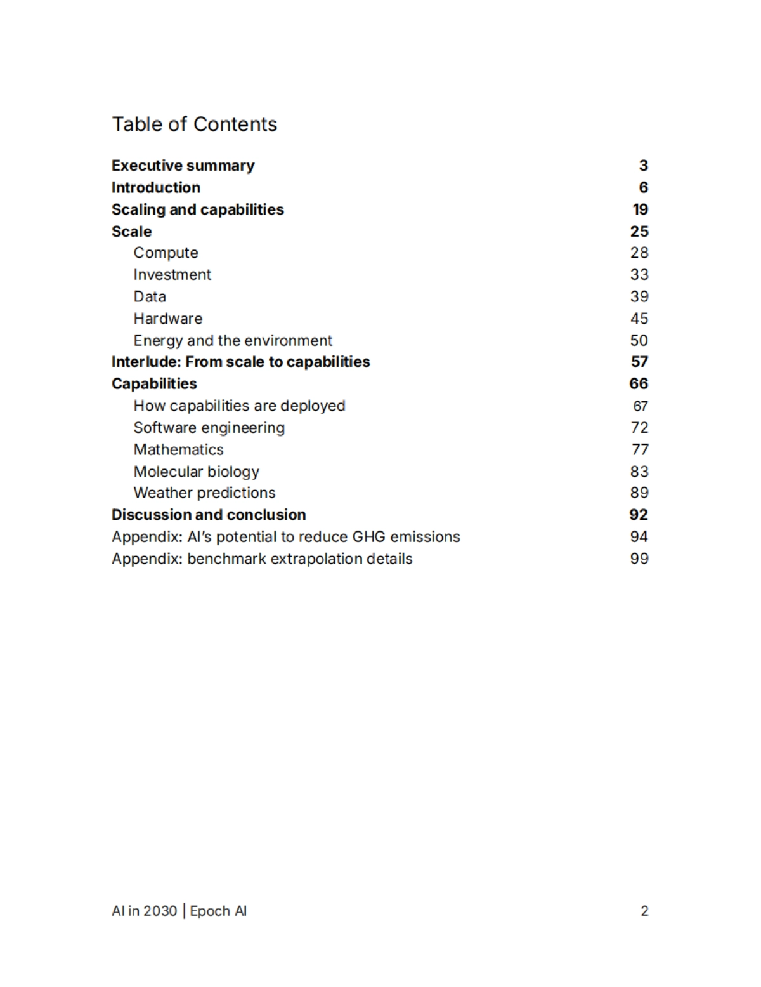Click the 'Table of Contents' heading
click(194, 124)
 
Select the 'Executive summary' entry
click(183, 166)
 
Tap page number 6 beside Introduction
click(643, 187)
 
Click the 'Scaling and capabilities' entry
click(197, 209)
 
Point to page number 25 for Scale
click(639, 232)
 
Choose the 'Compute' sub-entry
click(166, 253)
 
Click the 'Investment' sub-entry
click(172, 275)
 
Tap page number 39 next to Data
click(639, 296)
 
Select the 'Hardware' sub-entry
click(168, 319)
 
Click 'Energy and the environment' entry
click(233, 341)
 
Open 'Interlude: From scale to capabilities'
click(240, 362)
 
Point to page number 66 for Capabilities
click(639, 383)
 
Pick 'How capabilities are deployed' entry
click(239, 406)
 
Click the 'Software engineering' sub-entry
click(209, 428)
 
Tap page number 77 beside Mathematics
click(640, 449)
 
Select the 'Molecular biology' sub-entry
click(196, 472)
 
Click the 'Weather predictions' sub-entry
click(204, 493)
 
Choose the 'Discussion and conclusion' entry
click(209, 515)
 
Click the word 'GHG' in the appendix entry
click(368, 537)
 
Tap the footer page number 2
click(644, 911)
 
